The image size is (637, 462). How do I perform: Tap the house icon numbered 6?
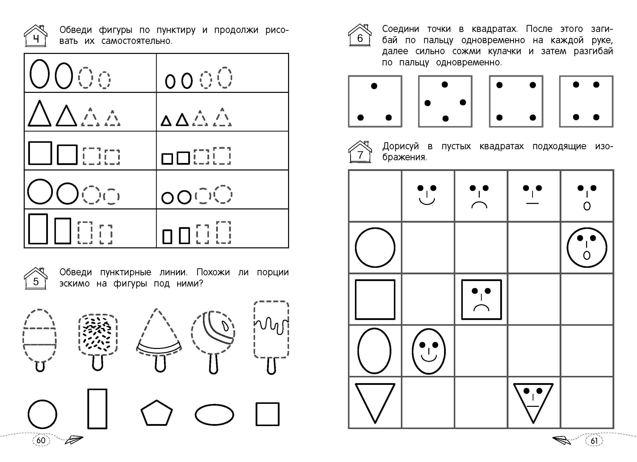360,35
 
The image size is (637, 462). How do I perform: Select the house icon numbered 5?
36,278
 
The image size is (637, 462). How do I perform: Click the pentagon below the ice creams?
157,413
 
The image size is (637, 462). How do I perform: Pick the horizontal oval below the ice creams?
214,415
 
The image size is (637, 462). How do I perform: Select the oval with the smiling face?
429,351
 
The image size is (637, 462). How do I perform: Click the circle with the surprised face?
587,248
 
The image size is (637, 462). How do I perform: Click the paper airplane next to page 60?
74,440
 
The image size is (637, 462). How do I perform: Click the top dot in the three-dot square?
374,86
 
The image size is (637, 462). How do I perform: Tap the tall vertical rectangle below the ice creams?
97,409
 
